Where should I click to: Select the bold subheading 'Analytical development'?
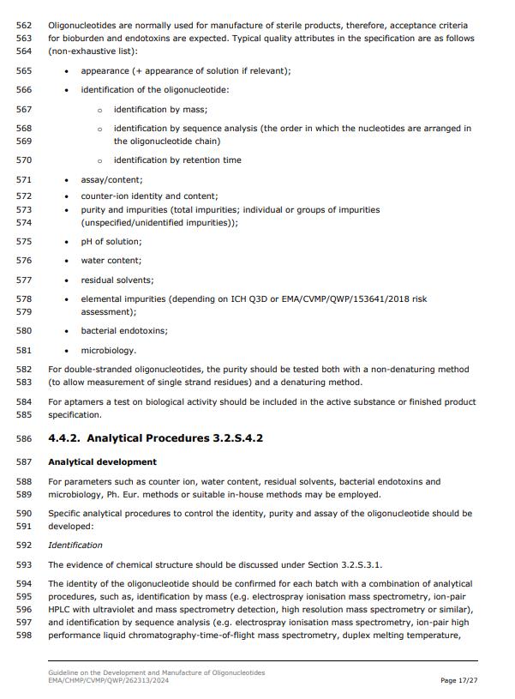coord(102,462)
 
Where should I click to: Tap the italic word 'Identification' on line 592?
coord(75,545)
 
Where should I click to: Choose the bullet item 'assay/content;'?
coord(111,180)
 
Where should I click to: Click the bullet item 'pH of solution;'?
coord(111,242)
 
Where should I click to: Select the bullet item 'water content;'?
coord(111,261)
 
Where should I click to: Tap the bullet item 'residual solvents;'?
coord(117,280)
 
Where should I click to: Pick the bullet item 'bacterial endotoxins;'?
coord(124,331)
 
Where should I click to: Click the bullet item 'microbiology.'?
coord(109,351)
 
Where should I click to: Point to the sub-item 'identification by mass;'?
coord(160,110)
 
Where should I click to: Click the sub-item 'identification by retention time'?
coord(177,160)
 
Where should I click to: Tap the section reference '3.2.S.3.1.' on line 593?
coord(359,565)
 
